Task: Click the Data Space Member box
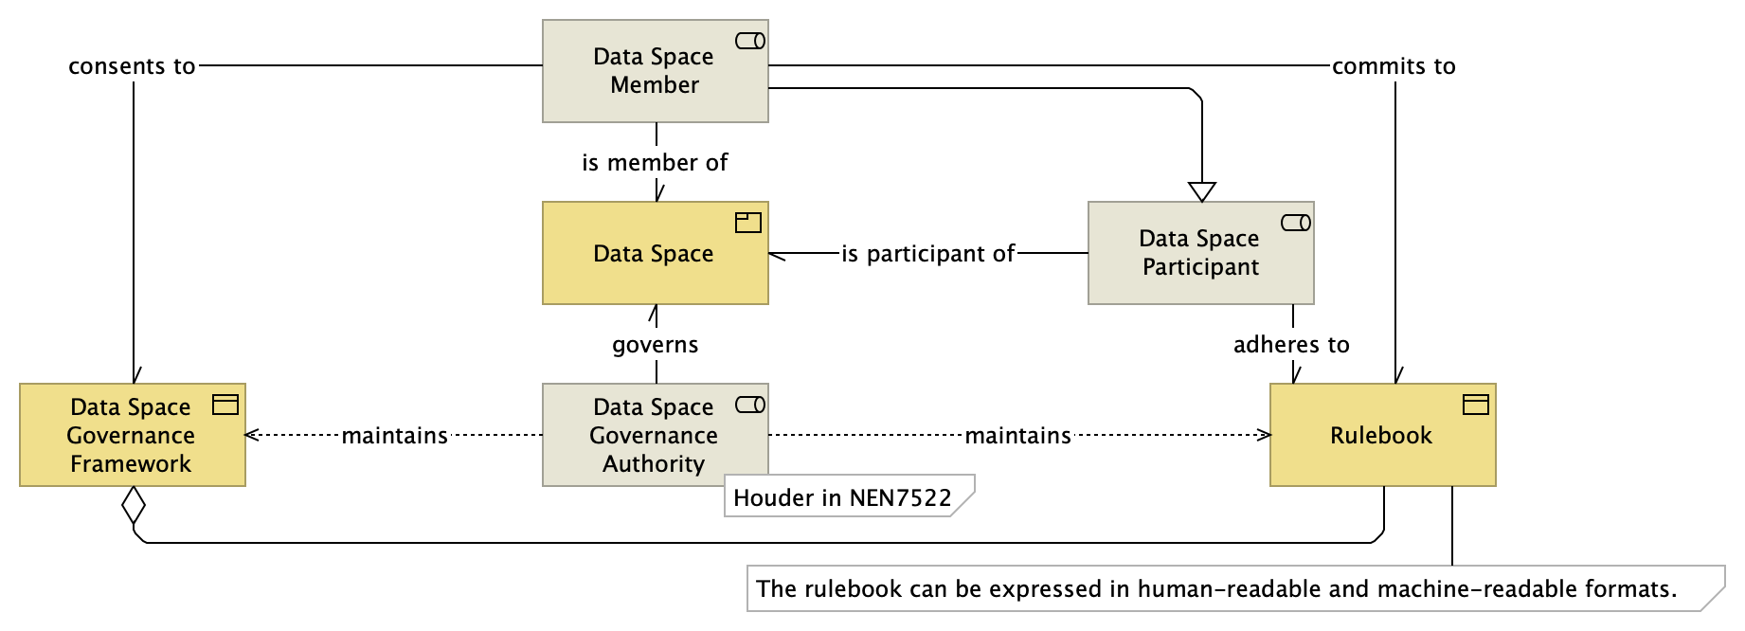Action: [655, 71]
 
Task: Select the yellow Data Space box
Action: [655, 253]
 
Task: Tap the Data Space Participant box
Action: [1200, 253]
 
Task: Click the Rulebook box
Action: [1381, 435]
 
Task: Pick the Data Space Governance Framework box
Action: [132, 435]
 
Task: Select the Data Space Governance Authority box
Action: [655, 435]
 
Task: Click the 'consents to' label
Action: [132, 66]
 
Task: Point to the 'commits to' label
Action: [1394, 66]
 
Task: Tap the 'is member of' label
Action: [655, 163]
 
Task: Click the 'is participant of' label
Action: [927, 254]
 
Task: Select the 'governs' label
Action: [655, 345]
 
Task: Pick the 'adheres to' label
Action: [1291, 345]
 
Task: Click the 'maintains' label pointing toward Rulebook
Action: [1017, 436]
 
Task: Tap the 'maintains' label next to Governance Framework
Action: [394, 436]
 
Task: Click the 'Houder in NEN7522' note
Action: [842, 497]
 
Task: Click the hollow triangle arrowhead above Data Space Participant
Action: [1202, 191]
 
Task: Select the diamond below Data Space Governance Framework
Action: [134, 505]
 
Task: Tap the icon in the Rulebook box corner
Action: [1476, 405]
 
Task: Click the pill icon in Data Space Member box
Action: [750, 41]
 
